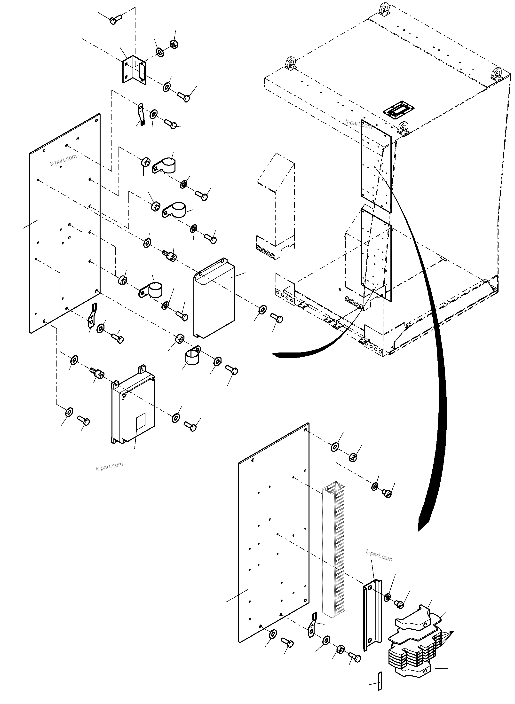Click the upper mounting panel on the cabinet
pyautogui.click(x=376, y=167)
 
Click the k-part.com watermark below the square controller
pyautogui.click(x=109, y=466)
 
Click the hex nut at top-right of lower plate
pyautogui.click(x=352, y=457)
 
